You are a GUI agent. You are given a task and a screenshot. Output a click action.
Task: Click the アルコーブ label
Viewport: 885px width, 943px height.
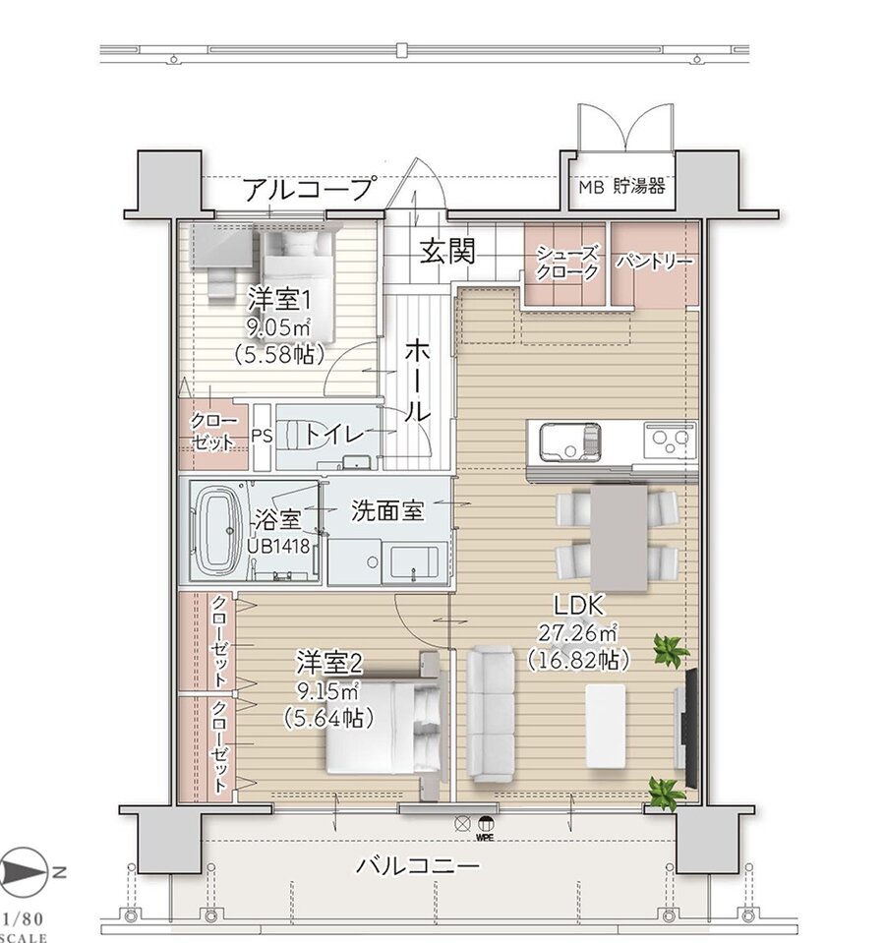pyautogui.click(x=308, y=188)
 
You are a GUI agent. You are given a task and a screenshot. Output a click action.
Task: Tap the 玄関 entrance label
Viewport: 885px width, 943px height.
pyautogui.click(x=448, y=253)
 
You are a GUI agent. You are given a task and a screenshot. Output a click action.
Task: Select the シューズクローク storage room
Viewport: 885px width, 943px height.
pyautogui.click(x=565, y=263)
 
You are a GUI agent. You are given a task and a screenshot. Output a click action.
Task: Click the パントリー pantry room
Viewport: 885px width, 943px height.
pyautogui.click(x=655, y=263)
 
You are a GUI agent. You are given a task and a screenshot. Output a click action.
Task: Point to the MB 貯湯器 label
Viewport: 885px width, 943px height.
pyautogui.click(x=620, y=185)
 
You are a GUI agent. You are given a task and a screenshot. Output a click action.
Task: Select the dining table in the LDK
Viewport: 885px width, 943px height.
pyautogui.click(x=618, y=538)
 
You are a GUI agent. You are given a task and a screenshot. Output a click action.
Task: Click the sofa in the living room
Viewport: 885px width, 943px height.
pyautogui.click(x=490, y=713)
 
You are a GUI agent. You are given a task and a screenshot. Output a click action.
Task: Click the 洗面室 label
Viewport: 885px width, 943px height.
pyautogui.click(x=387, y=509)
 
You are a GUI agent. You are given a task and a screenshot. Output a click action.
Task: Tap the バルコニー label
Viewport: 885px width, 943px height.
pyautogui.click(x=418, y=866)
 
